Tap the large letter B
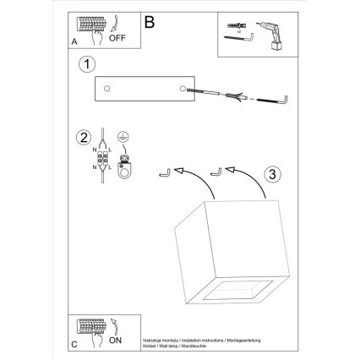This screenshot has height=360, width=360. pos(150,19)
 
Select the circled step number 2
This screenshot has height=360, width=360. pos(83,139)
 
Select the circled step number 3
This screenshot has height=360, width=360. pos(270,175)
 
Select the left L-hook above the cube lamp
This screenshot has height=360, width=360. pos(165,172)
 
